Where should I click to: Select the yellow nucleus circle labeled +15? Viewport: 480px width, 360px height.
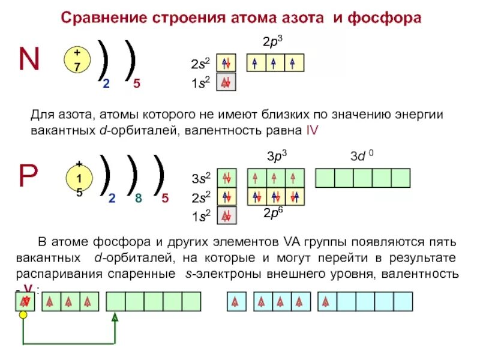coord(78,178)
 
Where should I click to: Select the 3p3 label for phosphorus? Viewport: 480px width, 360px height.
coord(277,157)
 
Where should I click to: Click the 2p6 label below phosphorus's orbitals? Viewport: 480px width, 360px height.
coord(274,213)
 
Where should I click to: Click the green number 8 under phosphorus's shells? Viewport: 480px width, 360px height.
coord(138,199)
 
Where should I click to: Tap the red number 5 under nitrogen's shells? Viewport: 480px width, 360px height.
coord(137,85)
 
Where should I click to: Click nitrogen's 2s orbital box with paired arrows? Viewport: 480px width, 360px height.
coord(226,64)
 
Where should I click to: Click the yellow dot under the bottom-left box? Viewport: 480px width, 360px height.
coord(23,314)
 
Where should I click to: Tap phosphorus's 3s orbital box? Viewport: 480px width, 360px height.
coord(226,178)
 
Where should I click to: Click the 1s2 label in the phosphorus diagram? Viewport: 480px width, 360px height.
coord(200,217)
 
